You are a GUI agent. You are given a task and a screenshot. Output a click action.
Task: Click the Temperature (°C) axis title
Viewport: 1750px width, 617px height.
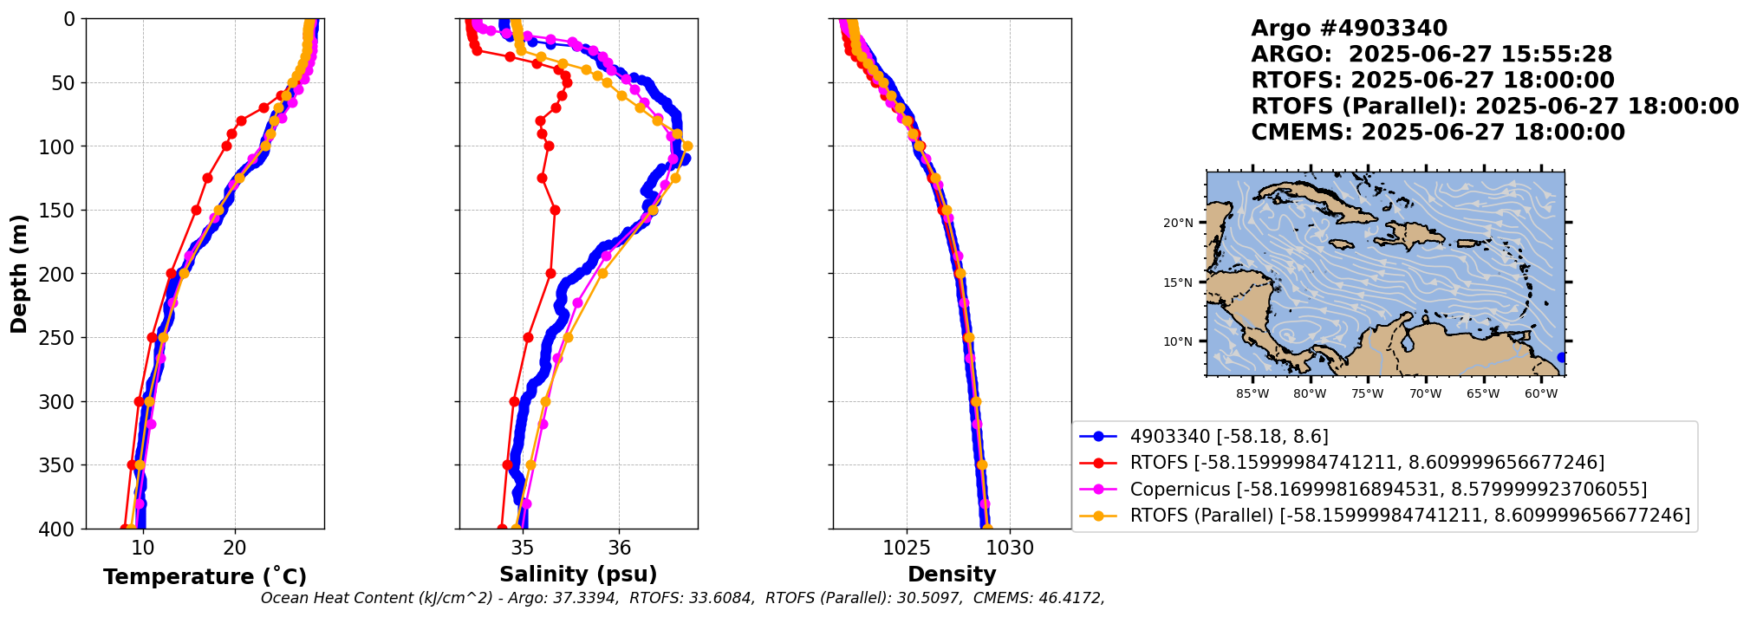205,577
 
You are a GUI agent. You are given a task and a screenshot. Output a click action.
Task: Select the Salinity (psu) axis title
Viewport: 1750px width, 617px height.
578,575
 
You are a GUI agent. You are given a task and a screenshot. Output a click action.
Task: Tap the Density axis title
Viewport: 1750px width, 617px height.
952,575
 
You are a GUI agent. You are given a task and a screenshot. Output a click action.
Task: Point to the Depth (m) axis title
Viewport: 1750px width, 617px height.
19,274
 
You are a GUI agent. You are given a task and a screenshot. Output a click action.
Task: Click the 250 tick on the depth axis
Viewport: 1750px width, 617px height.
61,338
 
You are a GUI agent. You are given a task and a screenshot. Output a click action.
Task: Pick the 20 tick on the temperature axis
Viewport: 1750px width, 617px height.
235,548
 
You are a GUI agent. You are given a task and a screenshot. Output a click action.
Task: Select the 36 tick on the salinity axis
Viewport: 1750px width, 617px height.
619,548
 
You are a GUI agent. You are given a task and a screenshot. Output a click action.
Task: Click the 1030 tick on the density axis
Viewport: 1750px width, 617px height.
1010,548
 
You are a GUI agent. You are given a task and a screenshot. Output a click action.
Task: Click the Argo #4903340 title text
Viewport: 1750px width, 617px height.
1349,29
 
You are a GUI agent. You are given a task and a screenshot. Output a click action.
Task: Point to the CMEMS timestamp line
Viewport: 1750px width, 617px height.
1438,133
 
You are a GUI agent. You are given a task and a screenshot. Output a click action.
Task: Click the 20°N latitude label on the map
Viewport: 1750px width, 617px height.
1178,223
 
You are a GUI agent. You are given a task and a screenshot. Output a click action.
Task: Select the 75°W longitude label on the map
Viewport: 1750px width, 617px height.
1367,394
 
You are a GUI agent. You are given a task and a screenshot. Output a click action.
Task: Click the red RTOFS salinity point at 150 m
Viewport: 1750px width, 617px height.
555,210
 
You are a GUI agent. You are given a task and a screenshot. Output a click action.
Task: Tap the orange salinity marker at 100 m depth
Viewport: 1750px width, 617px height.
687,146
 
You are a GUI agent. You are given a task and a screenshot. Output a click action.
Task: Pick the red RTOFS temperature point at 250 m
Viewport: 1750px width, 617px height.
153,338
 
